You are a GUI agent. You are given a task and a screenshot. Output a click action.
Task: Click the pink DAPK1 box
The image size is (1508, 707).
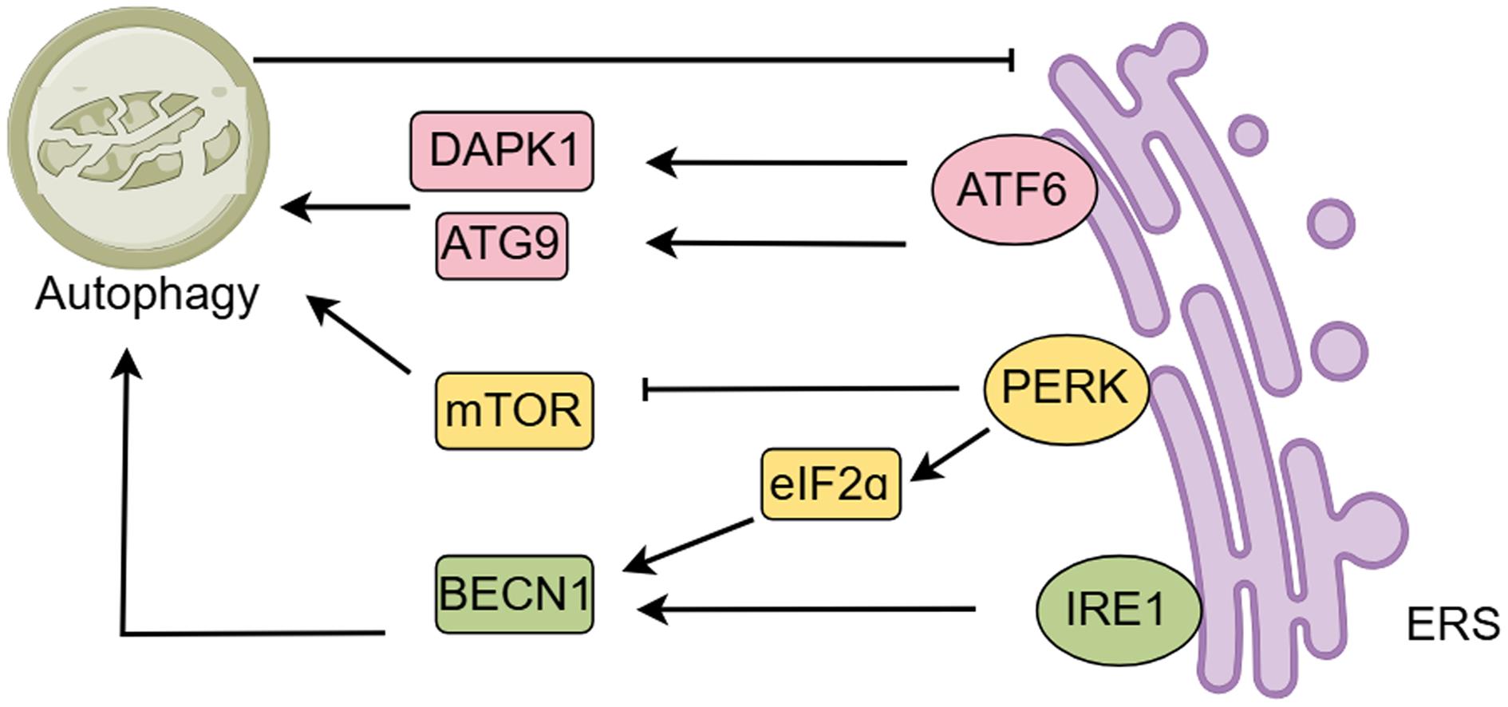point(502,151)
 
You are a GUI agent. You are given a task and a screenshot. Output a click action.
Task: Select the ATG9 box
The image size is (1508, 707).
point(502,245)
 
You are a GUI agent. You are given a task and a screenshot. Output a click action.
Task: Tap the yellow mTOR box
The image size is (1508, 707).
point(515,410)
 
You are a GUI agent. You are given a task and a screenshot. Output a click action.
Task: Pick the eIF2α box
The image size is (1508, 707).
point(831,484)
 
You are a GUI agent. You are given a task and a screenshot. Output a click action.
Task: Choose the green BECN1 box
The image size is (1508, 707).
point(515,594)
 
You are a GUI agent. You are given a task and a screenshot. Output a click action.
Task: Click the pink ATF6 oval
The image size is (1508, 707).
point(1013,190)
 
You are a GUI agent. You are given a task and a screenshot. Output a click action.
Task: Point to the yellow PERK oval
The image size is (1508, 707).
point(1066,389)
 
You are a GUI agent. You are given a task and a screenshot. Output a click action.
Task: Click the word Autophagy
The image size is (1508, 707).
point(148,295)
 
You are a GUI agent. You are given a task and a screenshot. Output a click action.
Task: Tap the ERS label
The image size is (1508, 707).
point(1453,625)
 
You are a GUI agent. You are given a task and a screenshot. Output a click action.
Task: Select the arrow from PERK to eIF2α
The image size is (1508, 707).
point(949,456)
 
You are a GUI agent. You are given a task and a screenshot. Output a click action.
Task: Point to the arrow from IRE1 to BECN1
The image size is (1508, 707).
point(806,610)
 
